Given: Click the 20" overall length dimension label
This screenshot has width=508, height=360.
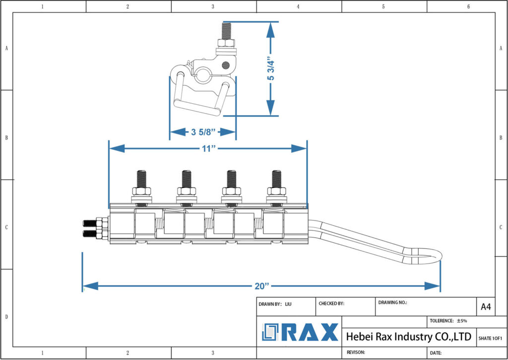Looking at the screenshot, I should click(261, 286).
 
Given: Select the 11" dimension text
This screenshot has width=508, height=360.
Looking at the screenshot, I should click(207, 148).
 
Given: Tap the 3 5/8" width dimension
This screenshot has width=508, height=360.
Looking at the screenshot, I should click(202, 132).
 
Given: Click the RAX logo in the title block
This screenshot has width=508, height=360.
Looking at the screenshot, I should click(300, 332).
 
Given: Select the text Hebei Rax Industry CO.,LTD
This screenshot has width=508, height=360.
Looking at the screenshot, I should click(408, 337).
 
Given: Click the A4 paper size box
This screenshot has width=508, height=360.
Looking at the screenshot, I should click(486, 307).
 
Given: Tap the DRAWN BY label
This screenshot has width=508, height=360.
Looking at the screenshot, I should click(270, 303).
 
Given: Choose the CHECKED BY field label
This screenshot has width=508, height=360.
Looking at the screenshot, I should click(331, 303).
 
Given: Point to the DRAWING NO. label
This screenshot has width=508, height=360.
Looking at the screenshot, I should click(392, 302).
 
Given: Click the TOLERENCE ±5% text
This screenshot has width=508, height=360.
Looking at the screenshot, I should click(448, 321).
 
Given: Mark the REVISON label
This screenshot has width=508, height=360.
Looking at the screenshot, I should click(355, 352).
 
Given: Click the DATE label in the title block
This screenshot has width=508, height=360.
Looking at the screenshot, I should click(436, 353).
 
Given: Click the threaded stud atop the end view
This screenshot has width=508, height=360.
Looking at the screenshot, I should click(227, 32).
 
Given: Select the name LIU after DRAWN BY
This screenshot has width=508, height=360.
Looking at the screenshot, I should click(288, 303).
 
